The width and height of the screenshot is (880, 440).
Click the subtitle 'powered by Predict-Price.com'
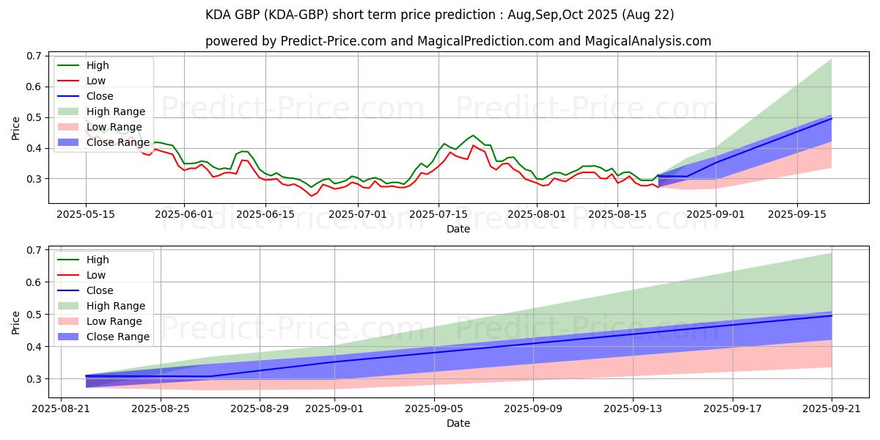pos(458,42)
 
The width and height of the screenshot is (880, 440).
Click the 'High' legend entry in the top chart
pos(97,65)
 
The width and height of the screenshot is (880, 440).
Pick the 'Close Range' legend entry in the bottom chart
pos(117,337)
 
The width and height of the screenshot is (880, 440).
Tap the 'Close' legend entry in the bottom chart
pos(100,290)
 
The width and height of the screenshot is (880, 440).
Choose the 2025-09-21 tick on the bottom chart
pos(832,409)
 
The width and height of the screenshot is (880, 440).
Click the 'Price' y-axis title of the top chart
pos(16,128)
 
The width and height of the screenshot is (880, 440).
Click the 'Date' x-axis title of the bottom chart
pos(458,423)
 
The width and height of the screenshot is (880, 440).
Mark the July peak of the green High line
pos(473,136)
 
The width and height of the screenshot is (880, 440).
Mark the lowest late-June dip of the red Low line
pos(311,196)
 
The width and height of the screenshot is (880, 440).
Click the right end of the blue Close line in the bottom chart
pos(832,315)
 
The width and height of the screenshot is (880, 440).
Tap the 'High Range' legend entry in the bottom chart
pos(115,306)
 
